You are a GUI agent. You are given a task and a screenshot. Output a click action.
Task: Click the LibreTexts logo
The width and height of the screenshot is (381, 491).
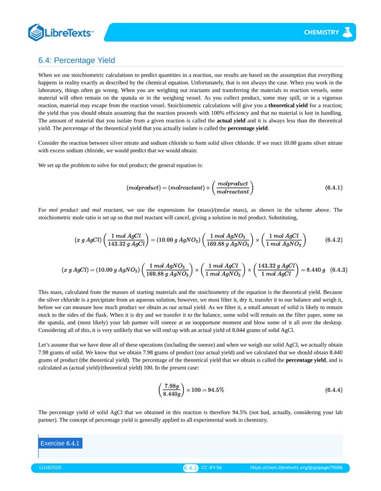pyautogui.click(x=61, y=32)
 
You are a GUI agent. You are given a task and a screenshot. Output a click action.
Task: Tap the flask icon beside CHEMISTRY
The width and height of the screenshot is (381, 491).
pyautogui.click(x=347, y=32)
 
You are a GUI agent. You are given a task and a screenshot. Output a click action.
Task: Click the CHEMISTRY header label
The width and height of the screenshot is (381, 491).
pyautogui.click(x=321, y=33)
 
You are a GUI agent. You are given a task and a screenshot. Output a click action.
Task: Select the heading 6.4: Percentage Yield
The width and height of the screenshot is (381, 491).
pyautogui.click(x=76, y=60)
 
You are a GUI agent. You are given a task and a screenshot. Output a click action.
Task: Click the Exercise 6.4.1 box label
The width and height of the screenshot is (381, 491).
pyautogui.click(x=60, y=443)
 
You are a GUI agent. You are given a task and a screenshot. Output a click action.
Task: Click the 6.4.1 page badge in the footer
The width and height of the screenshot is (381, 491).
pyautogui.click(x=190, y=468)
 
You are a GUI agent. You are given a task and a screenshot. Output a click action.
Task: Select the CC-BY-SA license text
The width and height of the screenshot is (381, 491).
pyautogui.click(x=212, y=468)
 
